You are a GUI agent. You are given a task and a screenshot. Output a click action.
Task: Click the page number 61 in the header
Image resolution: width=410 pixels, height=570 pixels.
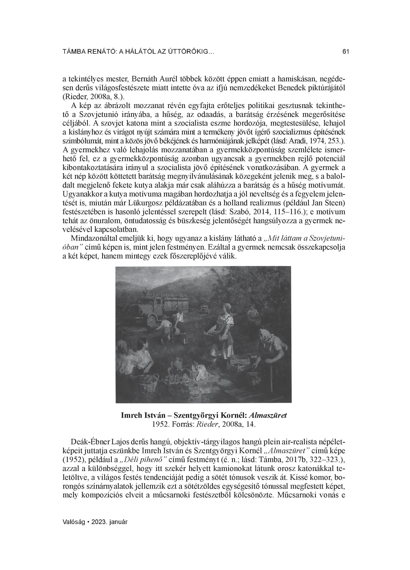point(346,52)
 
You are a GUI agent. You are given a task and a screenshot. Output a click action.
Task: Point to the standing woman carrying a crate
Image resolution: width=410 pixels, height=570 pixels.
point(224,329)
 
